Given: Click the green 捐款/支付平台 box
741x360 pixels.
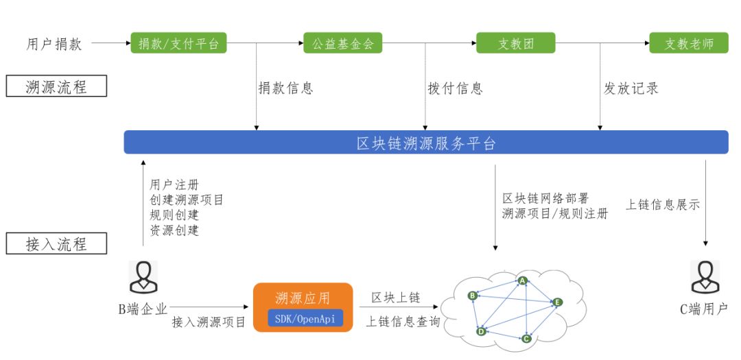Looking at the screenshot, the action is (178, 43).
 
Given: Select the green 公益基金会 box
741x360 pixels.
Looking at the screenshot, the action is (342, 43).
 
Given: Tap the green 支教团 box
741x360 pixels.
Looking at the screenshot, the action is (515, 43).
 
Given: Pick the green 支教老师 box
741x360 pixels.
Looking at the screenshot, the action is (689, 43).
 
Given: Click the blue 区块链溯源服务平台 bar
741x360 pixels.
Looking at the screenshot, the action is (426, 142).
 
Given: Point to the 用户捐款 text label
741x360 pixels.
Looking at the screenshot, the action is (54, 44).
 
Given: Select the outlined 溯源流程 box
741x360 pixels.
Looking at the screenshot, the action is (56, 86).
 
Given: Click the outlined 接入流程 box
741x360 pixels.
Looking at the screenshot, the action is (56, 244).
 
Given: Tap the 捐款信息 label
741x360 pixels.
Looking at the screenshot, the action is (285, 88).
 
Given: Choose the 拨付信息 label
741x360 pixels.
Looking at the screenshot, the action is (455, 88).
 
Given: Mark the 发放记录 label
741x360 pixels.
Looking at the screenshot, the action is (631, 88).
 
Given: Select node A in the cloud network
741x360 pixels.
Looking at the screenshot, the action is (522, 280).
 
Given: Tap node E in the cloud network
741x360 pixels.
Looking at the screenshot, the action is (558, 302).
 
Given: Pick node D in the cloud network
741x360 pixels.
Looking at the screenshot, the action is (481, 331).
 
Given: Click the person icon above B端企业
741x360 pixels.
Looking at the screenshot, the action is (143, 277).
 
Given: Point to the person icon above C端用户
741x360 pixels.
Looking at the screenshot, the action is (705, 277).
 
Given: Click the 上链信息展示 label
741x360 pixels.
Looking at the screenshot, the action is (663, 204).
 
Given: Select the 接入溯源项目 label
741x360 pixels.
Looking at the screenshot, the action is (209, 323).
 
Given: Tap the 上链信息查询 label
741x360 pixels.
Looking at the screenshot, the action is (403, 322).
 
